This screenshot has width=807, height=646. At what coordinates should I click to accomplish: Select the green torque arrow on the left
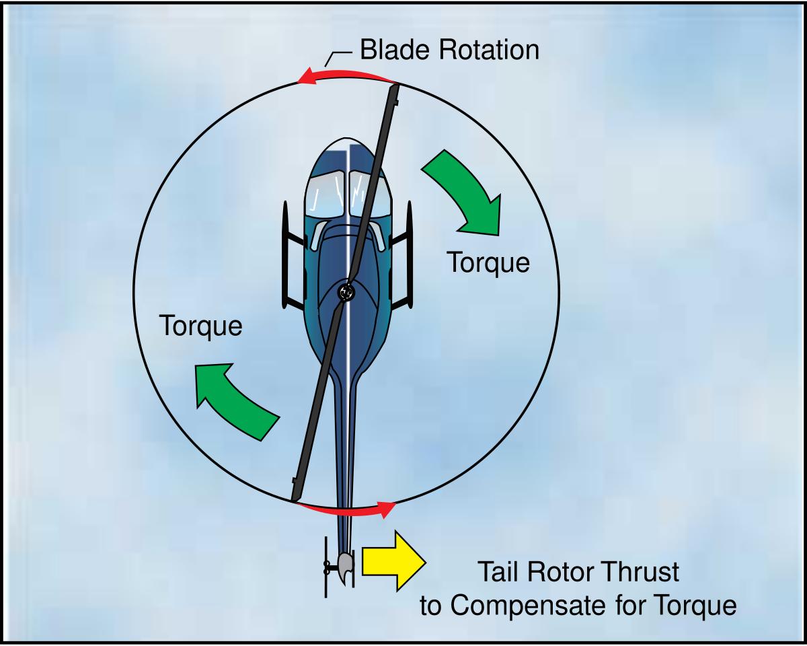coord(233,401)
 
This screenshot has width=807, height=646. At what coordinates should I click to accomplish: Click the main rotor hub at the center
coord(346,292)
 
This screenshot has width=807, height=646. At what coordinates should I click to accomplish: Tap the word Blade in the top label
coord(390,50)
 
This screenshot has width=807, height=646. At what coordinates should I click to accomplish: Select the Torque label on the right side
coord(489,262)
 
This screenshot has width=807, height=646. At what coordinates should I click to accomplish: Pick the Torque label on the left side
coord(201,326)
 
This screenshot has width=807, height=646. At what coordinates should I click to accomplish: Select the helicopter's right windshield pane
coord(370,191)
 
